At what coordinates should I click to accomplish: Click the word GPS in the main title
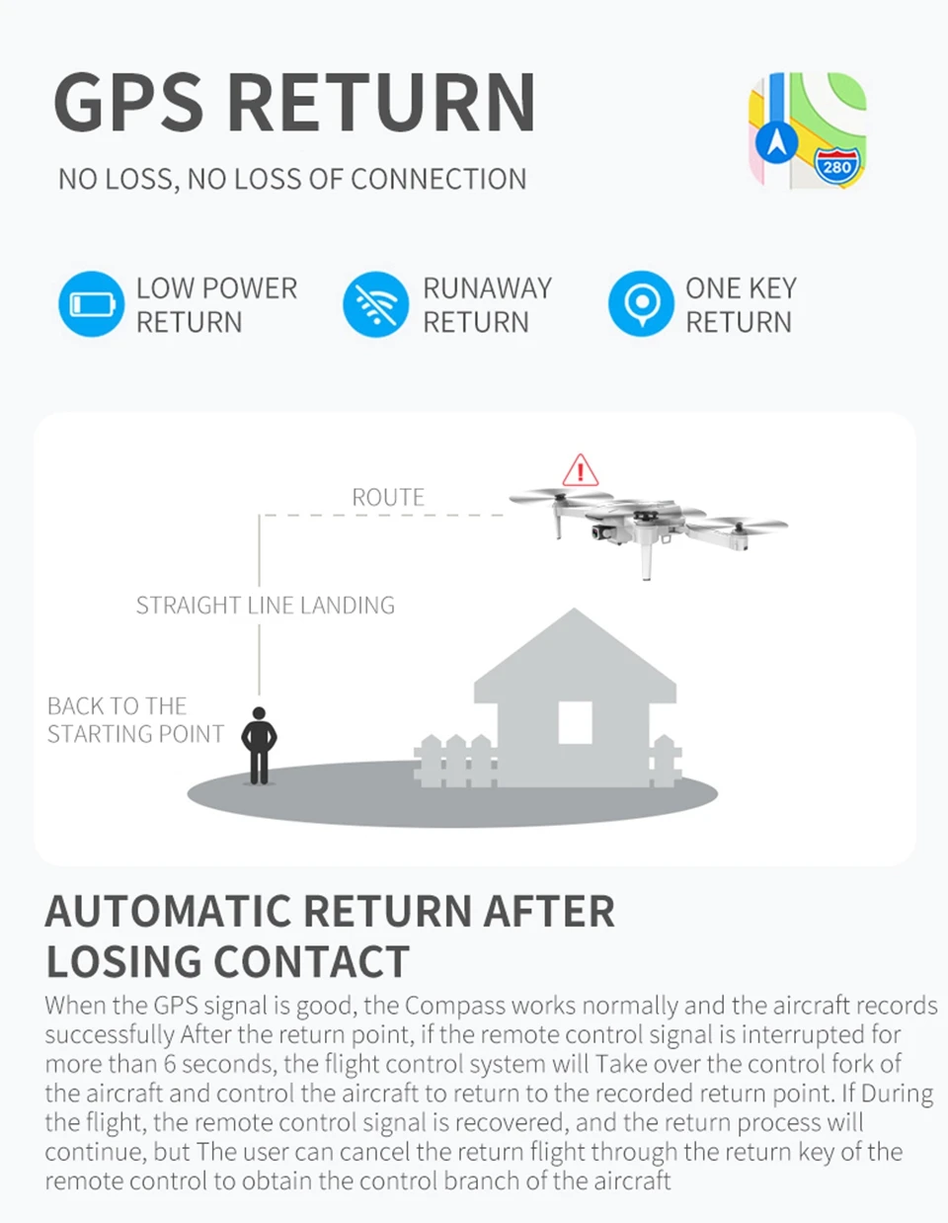(128, 103)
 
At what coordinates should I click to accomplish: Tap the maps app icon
(808, 130)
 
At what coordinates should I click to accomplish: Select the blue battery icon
(92, 304)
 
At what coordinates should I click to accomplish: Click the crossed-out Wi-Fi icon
(376, 304)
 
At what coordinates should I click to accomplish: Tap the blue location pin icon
(641, 304)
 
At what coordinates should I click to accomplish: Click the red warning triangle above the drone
(580, 470)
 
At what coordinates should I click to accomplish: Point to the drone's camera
(599, 531)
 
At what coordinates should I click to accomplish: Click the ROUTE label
(388, 498)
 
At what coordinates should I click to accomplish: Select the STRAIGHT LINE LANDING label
(266, 606)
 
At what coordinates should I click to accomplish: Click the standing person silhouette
(259, 745)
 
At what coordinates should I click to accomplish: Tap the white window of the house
(575, 723)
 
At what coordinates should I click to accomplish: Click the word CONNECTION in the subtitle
(438, 179)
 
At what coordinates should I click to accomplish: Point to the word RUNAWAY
(487, 288)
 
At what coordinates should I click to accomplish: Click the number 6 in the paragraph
(170, 1064)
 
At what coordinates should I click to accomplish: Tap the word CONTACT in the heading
(312, 961)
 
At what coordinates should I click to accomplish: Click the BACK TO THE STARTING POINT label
(135, 720)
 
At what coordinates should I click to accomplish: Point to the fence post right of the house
(665, 761)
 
